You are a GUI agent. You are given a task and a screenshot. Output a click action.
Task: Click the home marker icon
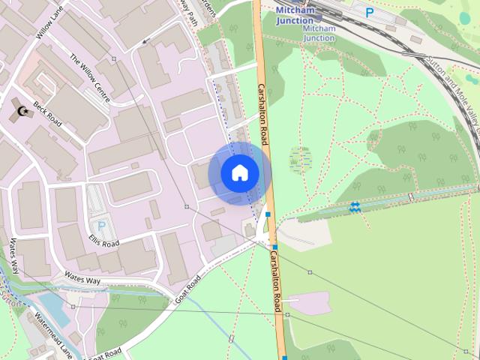pyautogui.click(x=240, y=173)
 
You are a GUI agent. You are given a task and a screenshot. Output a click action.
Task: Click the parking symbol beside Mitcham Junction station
pyautogui.click(x=369, y=12)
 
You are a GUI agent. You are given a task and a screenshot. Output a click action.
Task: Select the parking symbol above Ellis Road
pyautogui.click(x=101, y=225)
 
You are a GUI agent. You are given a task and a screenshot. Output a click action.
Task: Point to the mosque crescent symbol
pyautogui.click(x=22, y=112)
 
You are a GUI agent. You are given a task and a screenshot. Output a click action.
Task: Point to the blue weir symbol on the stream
pyautogui.click(x=355, y=207)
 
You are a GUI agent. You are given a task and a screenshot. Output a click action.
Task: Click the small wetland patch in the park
pyautogui.click(x=301, y=158)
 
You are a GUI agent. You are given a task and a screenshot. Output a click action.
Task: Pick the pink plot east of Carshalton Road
pyautogui.click(x=309, y=302)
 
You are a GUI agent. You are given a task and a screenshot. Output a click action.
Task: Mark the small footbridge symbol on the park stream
pyautogui.click(x=411, y=197)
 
